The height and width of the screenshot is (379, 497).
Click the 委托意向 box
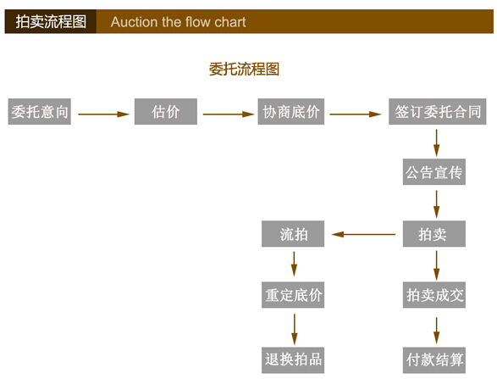(39, 111)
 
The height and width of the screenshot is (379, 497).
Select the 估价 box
(166, 111)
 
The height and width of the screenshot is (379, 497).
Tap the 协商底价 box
(291, 111)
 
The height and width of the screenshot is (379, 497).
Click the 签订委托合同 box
(438, 111)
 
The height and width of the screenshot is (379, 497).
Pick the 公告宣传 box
(434, 172)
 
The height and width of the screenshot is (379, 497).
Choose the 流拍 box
(293, 234)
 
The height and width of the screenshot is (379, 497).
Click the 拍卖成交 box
(434, 295)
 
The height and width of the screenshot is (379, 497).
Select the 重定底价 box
(293, 295)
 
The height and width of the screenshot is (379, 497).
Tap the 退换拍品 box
(293, 360)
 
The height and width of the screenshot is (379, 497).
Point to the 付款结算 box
(434, 360)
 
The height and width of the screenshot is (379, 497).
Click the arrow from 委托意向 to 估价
(103, 114)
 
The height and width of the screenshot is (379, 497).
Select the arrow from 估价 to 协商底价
(229, 114)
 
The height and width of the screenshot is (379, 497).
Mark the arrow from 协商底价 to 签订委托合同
(356, 114)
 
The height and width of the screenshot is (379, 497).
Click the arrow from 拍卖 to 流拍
(363, 234)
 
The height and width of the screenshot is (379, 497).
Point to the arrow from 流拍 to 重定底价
(294, 264)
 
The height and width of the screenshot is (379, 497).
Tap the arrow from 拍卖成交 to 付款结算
(436, 331)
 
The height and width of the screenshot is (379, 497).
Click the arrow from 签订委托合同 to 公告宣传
(436, 142)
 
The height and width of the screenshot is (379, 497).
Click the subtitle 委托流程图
(244, 70)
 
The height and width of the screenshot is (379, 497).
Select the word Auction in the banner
(135, 22)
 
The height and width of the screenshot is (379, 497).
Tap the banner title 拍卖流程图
(51, 21)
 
